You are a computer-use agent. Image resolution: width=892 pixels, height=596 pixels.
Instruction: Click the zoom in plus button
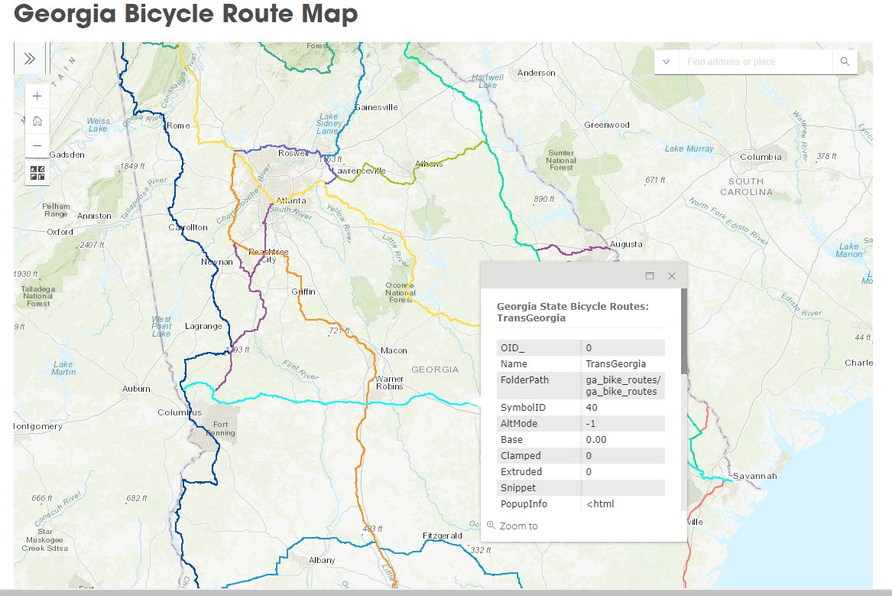pos(37,96)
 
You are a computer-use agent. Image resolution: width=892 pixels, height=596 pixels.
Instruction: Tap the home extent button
pos(37,121)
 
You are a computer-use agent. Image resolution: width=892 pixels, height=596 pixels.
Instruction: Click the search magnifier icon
pos(845,62)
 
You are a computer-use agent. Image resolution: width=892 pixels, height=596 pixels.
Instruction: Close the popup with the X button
pos(672,275)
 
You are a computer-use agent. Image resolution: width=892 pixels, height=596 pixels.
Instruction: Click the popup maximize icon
pos(650,275)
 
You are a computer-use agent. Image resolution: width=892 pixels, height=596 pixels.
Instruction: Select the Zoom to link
pos(518,526)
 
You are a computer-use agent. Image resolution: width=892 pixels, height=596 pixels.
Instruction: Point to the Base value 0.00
pos(595,440)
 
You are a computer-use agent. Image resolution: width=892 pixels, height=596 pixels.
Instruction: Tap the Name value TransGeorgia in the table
pos(615,364)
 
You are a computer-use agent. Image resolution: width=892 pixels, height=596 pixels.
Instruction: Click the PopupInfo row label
pos(524,504)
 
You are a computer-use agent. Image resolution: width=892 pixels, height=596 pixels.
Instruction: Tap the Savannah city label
pos(754,476)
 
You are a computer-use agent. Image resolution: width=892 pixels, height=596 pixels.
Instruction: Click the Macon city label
pos(394,350)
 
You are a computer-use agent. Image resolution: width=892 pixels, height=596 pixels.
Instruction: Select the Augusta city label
pos(626,244)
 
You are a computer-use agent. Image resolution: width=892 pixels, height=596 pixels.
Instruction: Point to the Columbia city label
pos(761,157)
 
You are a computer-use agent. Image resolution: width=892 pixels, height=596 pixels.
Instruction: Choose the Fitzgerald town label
pos(442,536)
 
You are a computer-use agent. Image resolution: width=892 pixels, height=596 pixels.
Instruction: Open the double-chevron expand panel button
pos(30,59)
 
